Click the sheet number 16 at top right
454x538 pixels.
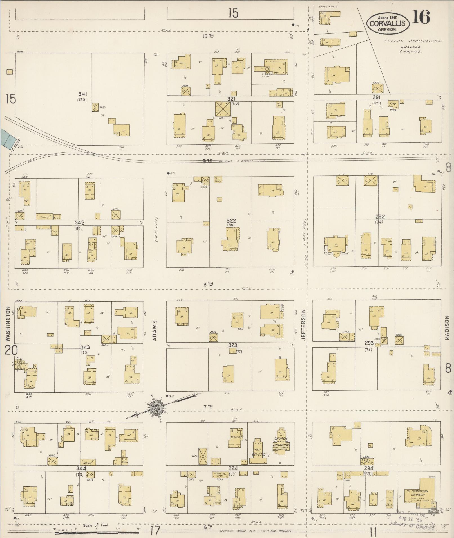click(421, 17)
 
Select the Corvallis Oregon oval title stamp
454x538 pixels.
click(388, 24)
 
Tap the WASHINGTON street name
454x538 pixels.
click(8, 324)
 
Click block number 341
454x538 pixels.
click(82, 94)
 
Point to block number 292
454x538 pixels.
click(380, 217)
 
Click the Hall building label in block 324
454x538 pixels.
click(257, 444)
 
